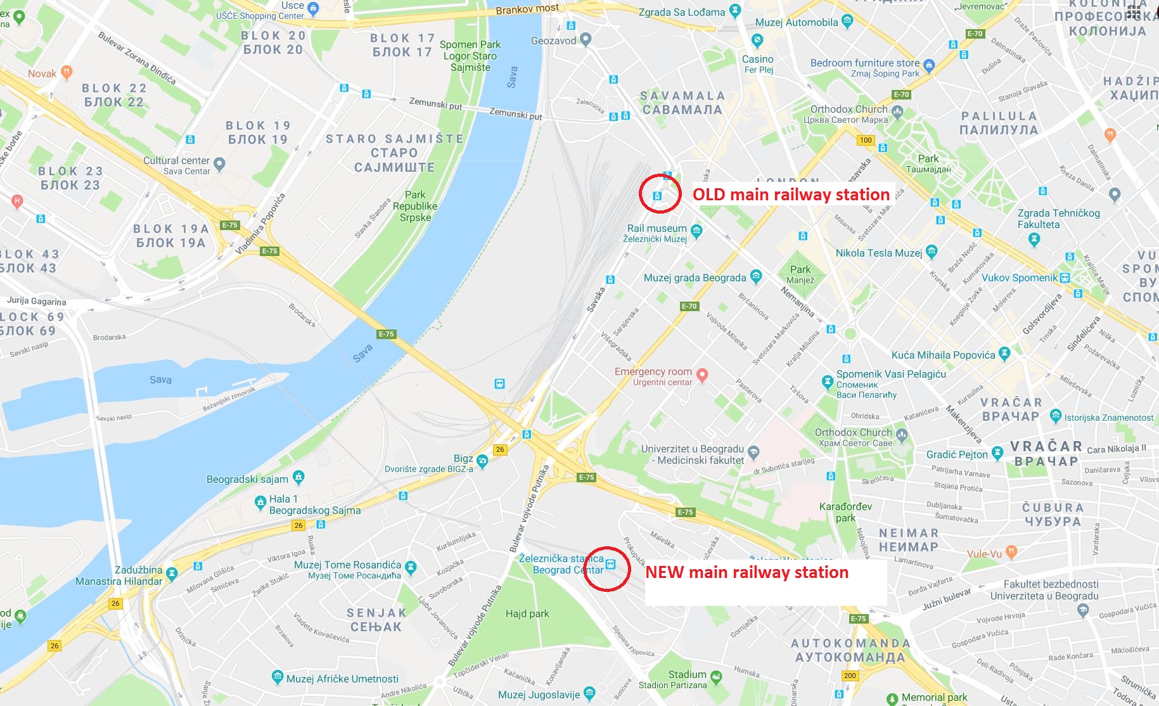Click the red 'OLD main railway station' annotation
791,195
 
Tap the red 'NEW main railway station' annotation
746,572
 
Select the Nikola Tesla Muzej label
879,253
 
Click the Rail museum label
656,229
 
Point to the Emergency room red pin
701,375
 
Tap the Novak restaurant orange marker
67,72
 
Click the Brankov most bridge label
527,9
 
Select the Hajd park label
527,613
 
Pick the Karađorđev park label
845,512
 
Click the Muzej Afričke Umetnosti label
342,679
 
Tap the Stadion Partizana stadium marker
716,677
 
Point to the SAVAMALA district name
682,103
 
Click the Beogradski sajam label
247,479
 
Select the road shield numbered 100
866,140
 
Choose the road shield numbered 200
850,676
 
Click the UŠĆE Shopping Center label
260,16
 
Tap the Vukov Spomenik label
1020,278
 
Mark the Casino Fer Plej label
758,63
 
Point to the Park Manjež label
800,274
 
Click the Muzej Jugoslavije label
539,695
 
